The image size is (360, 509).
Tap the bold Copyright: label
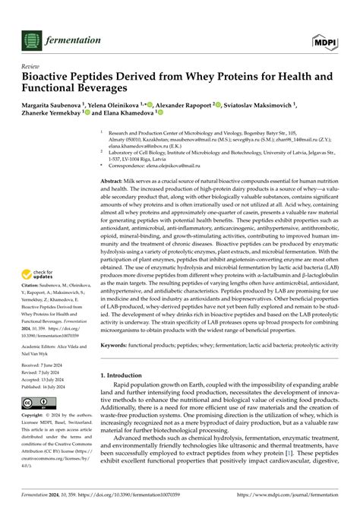click(37, 416)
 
